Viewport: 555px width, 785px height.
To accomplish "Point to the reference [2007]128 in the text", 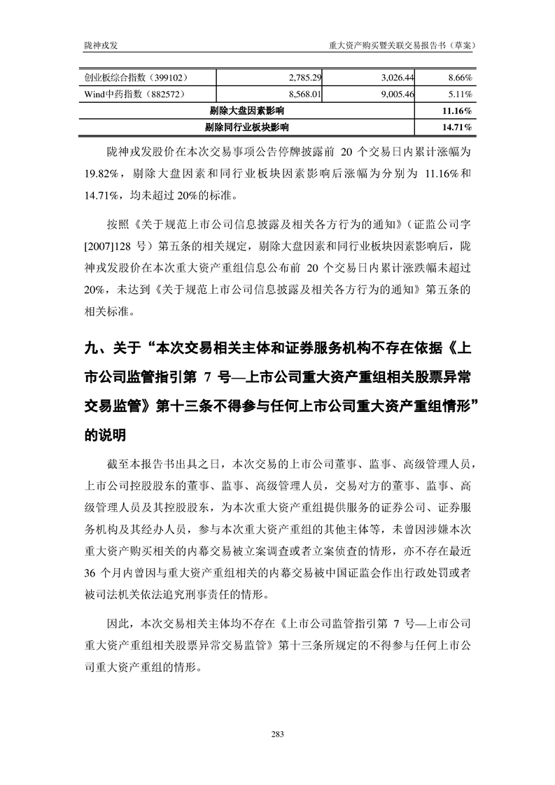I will [x=107, y=246].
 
